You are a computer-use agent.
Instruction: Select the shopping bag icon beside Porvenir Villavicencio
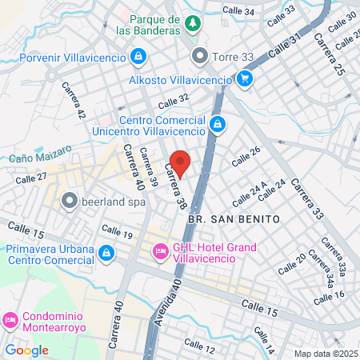138,56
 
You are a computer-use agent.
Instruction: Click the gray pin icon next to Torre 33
199,57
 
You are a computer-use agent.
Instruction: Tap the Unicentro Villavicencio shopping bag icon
218,122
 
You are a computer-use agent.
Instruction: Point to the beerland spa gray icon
70,200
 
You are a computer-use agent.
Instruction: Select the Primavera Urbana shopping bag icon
106,253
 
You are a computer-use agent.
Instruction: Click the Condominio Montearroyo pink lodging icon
10,319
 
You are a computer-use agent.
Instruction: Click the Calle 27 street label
31,179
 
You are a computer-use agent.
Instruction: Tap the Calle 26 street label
246,156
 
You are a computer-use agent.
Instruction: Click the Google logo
26,350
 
